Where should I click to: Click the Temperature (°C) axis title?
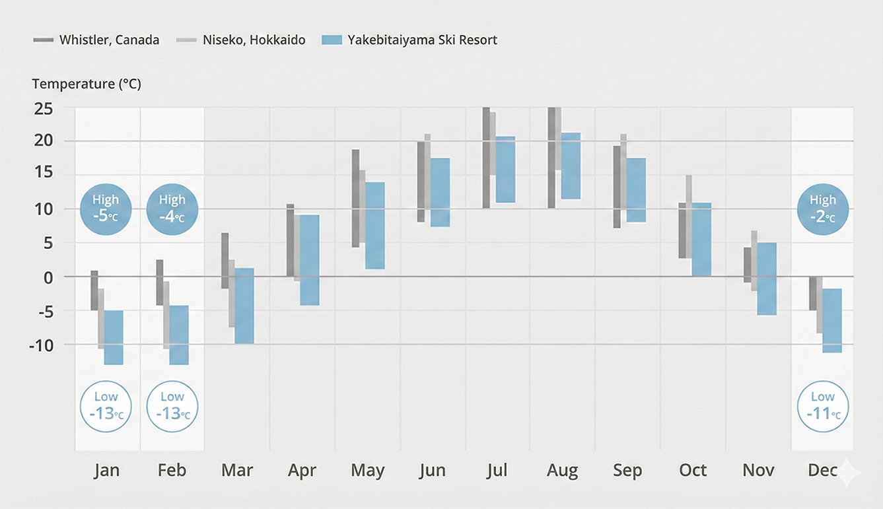point(87,85)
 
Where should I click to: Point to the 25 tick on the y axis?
point(44,108)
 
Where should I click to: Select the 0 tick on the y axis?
point(48,277)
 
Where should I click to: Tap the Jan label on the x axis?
point(106,471)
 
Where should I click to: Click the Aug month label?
point(562,471)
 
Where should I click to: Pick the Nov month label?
point(758,471)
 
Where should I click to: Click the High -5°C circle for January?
point(106,209)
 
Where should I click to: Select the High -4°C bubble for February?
point(172,209)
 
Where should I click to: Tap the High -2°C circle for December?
point(823,209)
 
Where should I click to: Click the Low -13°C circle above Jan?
point(106,406)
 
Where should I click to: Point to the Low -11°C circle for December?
point(823,406)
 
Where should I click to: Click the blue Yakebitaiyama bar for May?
point(375,225)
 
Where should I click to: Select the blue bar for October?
point(701,239)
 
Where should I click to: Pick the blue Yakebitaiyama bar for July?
point(505,169)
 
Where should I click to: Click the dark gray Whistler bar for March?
point(225,260)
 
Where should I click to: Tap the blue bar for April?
point(310,259)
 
